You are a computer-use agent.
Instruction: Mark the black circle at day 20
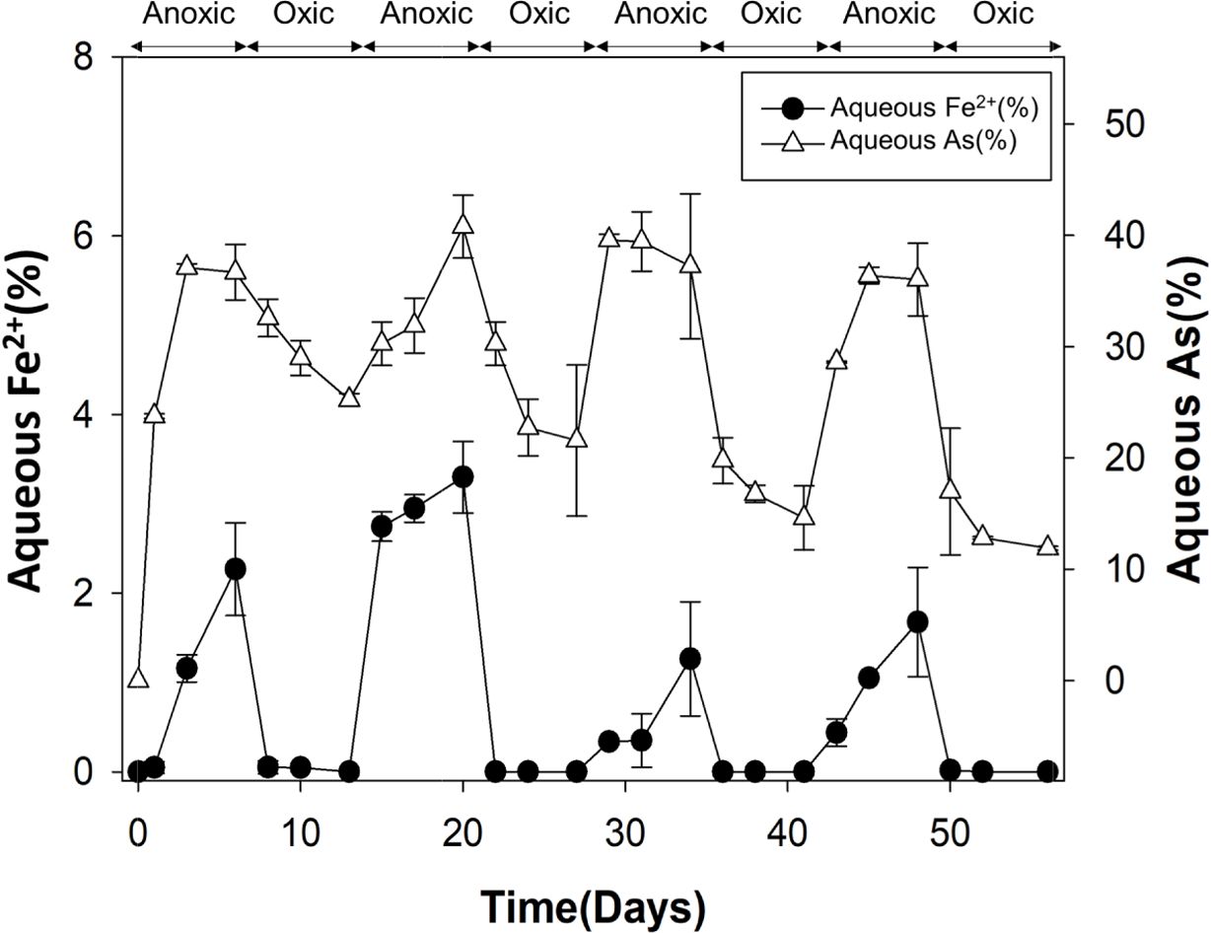click(x=463, y=476)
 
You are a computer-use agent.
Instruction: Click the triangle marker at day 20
click(x=463, y=224)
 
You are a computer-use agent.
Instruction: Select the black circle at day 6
click(x=235, y=569)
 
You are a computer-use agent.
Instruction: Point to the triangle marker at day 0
click(x=138, y=679)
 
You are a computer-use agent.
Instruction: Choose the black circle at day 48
click(x=918, y=621)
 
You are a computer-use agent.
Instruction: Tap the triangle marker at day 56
click(x=1047, y=546)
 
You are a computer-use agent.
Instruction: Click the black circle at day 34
click(x=690, y=658)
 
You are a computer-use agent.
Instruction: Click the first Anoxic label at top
click(x=189, y=15)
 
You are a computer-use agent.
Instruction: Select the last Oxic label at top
click(x=1002, y=15)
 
